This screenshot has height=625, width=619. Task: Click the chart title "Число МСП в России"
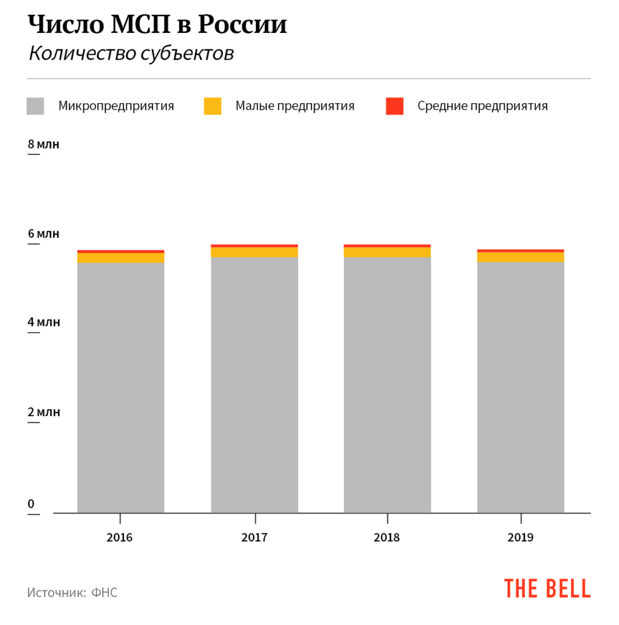pyautogui.click(x=158, y=25)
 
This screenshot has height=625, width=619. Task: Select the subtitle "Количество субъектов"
pyautogui.click(x=131, y=54)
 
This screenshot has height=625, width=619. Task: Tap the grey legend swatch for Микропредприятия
pyautogui.click(x=36, y=106)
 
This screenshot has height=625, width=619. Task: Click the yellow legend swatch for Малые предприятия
pyautogui.click(x=213, y=106)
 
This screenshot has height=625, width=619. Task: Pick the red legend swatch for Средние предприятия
pyautogui.click(x=395, y=106)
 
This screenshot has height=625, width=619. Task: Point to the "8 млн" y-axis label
pyautogui.click(x=44, y=145)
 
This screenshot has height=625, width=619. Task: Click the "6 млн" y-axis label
pyautogui.click(x=44, y=234)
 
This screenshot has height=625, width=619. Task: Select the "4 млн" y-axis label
pyautogui.click(x=44, y=322)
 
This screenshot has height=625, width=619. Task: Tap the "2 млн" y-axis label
pyautogui.click(x=44, y=412)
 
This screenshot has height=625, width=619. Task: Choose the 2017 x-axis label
pyautogui.click(x=254, y=538)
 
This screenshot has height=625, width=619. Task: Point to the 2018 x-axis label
pyautogui.click(x=387, y=538)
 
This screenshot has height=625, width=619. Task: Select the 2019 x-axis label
pyautogui.click(x=521, y=538)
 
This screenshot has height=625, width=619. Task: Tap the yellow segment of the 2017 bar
pyautogui.click(x=254, y=252)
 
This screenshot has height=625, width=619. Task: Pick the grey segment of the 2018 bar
pyautogui.click(x=387, y=385)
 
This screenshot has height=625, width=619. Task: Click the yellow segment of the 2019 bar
pyautogui.click(x=521, y=257)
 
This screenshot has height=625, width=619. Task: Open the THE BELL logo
pyautogui.click(x=548, y=588)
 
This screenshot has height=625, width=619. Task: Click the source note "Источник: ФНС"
pyautogui.click(x=72, y=592)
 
